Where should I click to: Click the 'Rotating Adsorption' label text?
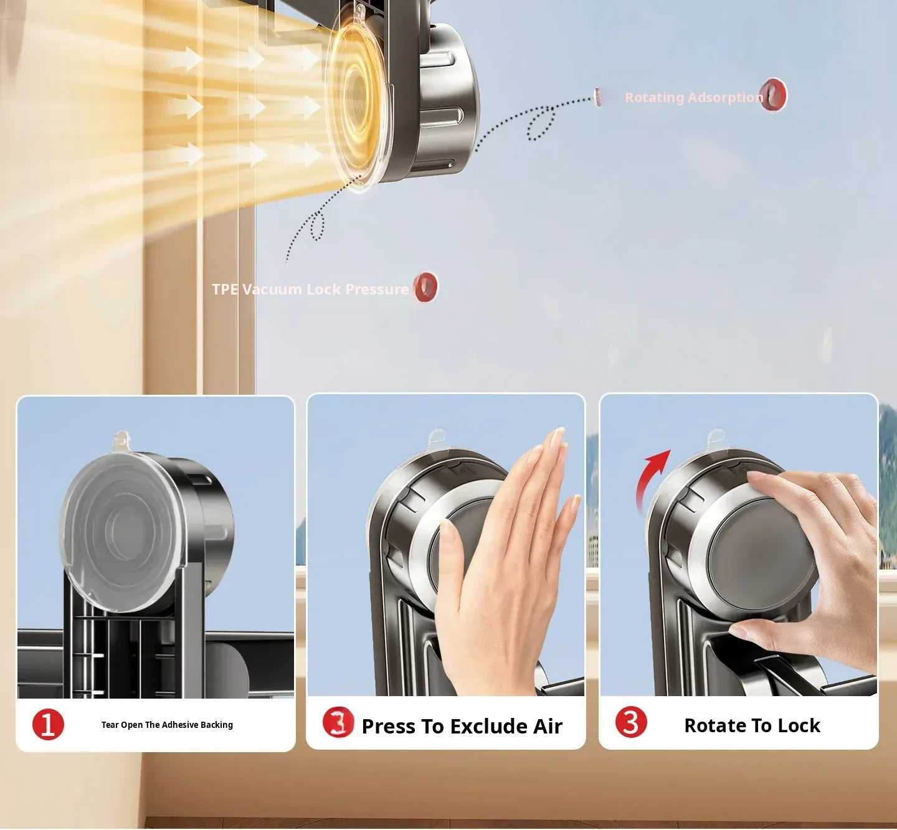pyautogui.click(x=694, y=98)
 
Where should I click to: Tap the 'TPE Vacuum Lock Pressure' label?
pyautogui.click(x=310, y=290)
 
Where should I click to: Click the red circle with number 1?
pyautogui.click(x=48, y=724)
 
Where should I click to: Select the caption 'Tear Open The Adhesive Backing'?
pyautogui.click(x=167, y=725)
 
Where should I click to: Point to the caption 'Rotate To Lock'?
pyautogui.click(x=752, y=725)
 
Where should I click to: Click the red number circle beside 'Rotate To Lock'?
pyautogui.click(x=631, y=722)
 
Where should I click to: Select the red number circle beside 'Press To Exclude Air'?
pyautogui.click(x=338, y=722)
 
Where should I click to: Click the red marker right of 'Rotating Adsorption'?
pyautogui.click(x=773, y=95)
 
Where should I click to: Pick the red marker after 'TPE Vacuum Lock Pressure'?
pyautogui.click(x=425, y=287)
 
